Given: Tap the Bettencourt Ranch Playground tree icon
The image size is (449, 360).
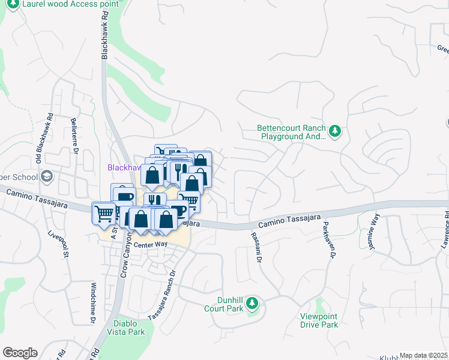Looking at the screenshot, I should coord(335,130).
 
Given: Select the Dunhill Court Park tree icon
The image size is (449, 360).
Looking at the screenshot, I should coord(253,302).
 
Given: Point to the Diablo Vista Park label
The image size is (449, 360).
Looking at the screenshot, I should coord(125,327).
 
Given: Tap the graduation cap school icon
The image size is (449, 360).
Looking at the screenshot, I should coord(47,176).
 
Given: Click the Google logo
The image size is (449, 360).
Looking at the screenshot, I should coord(20,353).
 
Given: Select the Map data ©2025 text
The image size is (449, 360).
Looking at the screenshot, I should coord(423,355).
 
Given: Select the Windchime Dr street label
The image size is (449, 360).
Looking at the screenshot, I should coord(93,303).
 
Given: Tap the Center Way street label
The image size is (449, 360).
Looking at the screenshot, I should coord(149,245).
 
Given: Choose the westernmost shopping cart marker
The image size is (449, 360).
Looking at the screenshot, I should coord(103,212).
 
